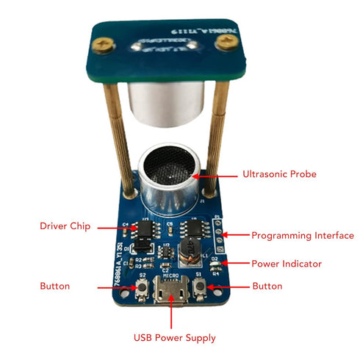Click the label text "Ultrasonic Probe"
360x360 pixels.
279,175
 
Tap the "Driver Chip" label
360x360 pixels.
65,226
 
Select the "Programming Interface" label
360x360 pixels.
303,236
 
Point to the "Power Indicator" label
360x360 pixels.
287,263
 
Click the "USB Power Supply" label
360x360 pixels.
174,338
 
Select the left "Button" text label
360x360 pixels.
55,285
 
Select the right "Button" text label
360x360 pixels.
267,285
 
